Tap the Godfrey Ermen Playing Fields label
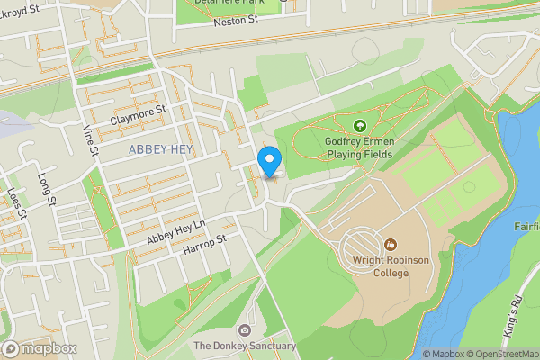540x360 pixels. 360,148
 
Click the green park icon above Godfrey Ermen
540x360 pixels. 360,126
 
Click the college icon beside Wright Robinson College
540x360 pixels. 391,244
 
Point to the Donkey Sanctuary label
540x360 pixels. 245,346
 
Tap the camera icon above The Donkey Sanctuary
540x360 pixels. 245,329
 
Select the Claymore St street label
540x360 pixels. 139,114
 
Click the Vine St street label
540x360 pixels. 89,140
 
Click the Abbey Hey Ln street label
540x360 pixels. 176,229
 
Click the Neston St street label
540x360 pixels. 236,19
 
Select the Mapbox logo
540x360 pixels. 40,348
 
